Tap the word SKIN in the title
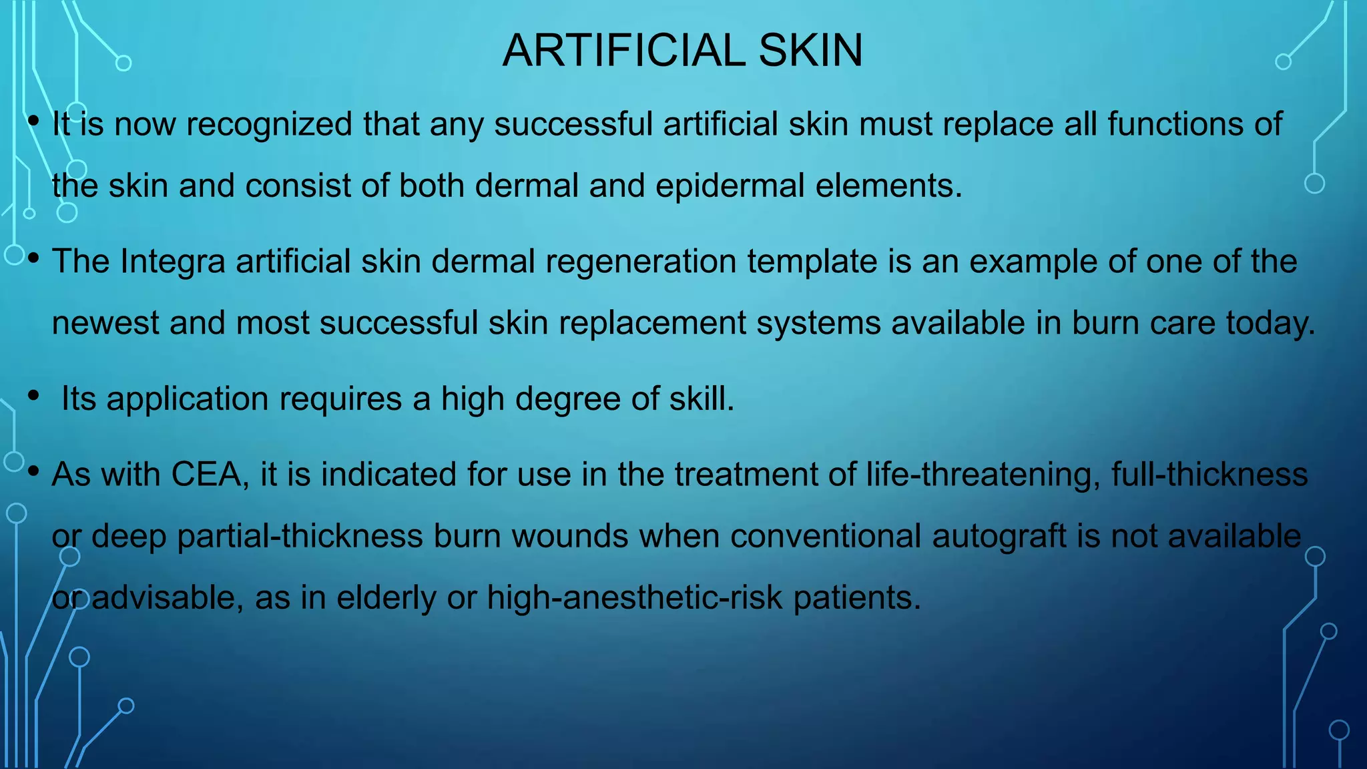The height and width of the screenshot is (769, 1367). coord(810,51)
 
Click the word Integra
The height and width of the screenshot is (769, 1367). coord(173,261)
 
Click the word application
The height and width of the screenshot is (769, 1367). coord(188,399)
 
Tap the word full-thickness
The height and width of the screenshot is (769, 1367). coord(1209,475)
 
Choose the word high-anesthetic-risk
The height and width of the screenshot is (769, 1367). coord(634,597)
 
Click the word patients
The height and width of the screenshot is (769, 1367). coord(856,597)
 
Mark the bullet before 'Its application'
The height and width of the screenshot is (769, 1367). coord(33,397)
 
